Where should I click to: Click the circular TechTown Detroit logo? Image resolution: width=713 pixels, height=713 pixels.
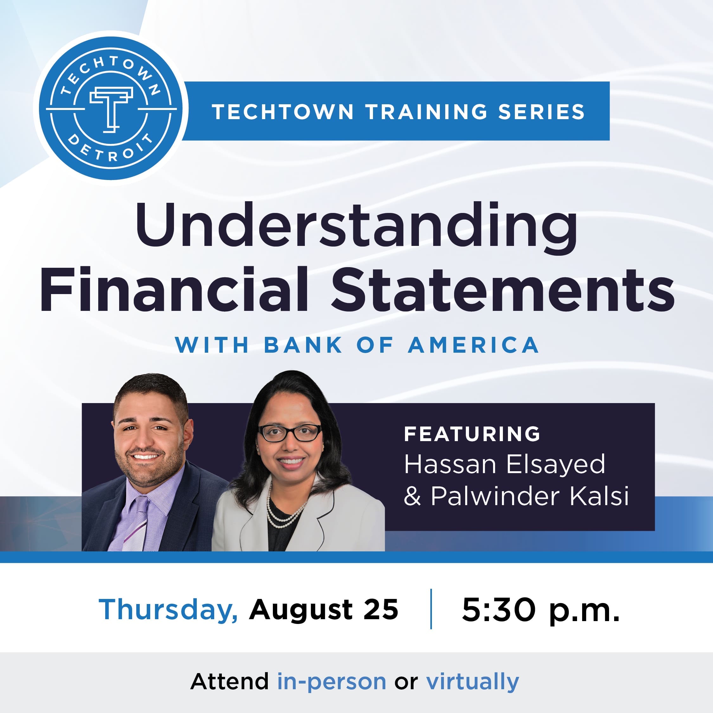tap(111, 110)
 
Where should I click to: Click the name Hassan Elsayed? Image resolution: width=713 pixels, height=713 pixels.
tap(504, 464)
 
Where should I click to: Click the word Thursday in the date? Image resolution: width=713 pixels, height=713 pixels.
tap(168, 609)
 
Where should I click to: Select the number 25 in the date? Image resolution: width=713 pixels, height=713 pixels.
tap(381, 609)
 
